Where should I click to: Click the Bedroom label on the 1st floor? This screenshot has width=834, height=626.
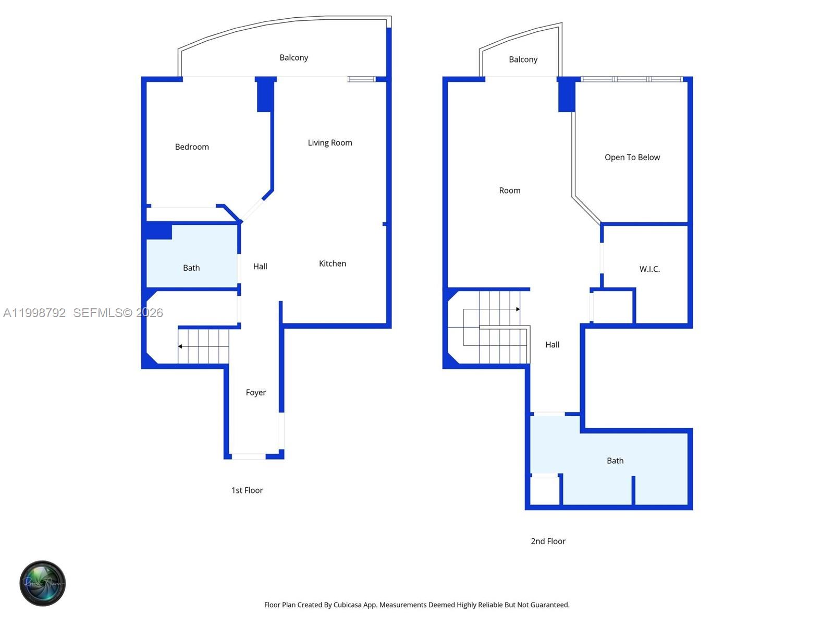(x=192, y=147)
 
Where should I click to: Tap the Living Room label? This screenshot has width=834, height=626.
(x=329, y=143)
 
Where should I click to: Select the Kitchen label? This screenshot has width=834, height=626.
(x=332, y=264)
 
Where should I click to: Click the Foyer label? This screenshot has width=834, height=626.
(x=255, y=393)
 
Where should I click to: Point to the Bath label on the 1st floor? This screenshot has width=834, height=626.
(x=191, y=268)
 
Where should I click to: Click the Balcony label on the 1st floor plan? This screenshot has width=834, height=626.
(x=293, y=58)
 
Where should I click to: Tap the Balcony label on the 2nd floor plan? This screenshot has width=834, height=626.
(x=523, y=60)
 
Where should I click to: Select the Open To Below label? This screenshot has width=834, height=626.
(x=632, y=158)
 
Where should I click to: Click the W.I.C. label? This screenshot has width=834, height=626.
(x=649, y=269)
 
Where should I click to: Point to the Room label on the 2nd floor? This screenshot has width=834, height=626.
(x=509, y=191)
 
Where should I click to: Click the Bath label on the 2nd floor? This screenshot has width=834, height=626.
(x=615, y=461)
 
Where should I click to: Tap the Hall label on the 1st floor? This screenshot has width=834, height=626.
(x=260, y=267)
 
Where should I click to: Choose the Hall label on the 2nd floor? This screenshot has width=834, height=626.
(x=552, y=345)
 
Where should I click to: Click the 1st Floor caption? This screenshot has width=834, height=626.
(x=247, y=490)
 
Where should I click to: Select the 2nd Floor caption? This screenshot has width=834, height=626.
(x=548, y=541)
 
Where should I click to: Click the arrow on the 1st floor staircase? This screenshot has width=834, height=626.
(x=180, y=346)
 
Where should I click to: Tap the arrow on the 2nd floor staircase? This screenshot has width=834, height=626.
(x=518, y=309)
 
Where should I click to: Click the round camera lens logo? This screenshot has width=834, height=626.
(x=43, y=583)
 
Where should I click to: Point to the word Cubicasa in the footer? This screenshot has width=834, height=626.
(x=348, y=605)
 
